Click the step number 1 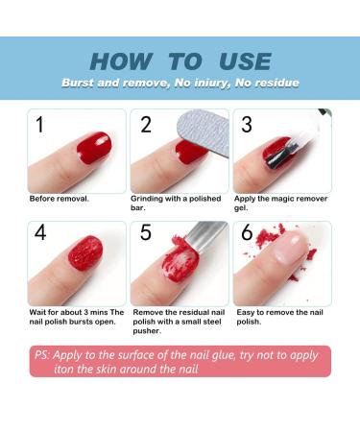click(x=39, y=125)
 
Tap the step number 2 click(x=146, y=125)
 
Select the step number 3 click(x=247, y=125)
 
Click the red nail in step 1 click(x=93, y=147)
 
